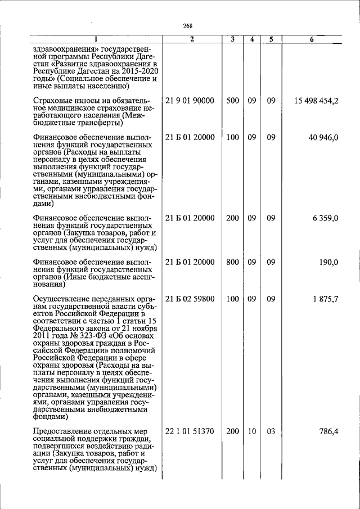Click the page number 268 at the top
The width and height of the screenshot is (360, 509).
[x=188, y=26]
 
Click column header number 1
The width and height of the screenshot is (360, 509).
[x=96, y=39]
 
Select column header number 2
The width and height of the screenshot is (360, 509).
[x=192, y=39]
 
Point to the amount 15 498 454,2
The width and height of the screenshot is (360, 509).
[x=316, y=101]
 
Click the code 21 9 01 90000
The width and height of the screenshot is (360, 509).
[x=190, y=101]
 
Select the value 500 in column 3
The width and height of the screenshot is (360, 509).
[x=232, y=101]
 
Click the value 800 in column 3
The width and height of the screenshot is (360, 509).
[x=232, y=262]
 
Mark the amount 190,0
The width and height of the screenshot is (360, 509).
[x=328, y=262]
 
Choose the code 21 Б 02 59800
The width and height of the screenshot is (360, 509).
[x=190, y=299]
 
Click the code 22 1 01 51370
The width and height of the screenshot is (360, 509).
[x=190, y=431]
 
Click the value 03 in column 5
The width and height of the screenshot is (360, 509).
[x=271, y=431]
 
